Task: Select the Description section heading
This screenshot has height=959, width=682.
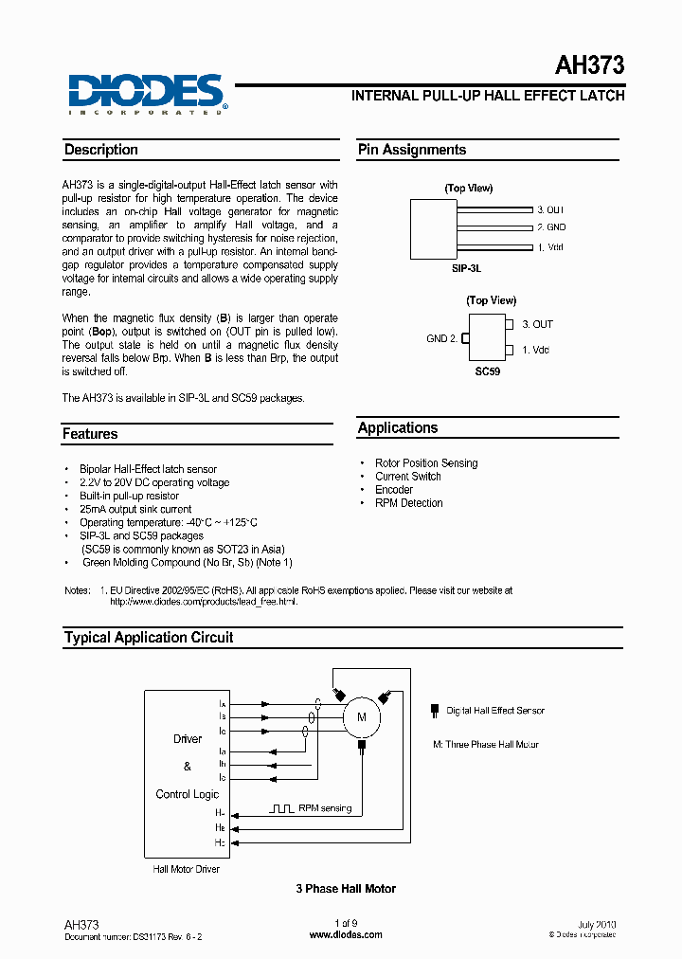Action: [x=101, y=150]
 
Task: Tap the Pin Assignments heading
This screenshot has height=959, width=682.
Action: [x=411, y=150]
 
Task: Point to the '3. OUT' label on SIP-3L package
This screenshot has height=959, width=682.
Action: [x=550, y=209]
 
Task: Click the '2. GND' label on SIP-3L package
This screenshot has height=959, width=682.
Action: [x=550, y=227]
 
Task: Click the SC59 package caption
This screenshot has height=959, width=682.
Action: [x=487, y=372]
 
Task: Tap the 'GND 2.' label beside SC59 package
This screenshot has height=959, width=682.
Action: [x=441, y=338]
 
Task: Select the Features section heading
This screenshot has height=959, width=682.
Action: [x=90, y=434]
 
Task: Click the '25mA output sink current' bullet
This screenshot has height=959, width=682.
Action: [x=135, y=509]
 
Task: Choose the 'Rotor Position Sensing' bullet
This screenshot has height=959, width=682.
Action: [x=426, y=463]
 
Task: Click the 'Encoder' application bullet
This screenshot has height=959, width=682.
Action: [x=394, y=490]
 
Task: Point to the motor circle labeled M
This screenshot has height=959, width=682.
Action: [x=360, y=717]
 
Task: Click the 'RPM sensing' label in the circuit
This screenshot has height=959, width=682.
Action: [x=324, y=808]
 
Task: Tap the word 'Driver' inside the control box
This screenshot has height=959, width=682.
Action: [x=188, y=738]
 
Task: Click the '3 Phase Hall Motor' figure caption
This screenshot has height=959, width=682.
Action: [x=346, y=889]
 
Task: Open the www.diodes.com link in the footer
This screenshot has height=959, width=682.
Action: [x=346, y=934]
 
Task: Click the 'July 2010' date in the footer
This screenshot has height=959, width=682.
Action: [x=596, y=924]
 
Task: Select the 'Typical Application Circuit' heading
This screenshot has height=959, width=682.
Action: [x=149, y=638]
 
